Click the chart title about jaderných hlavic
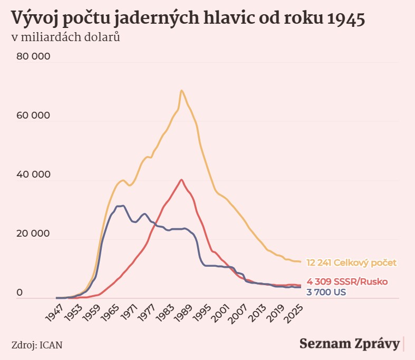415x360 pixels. click(x=188, y=18)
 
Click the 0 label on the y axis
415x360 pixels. click(x=20, y=293)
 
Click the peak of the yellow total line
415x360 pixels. click(x=181, y=91)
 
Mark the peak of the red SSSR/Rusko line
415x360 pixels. click(x=181, y=180)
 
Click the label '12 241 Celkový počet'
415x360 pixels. click(x=351, y=262)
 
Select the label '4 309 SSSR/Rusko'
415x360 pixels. click(x=347, y=282)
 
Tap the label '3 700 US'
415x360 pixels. click(x=326, y=291)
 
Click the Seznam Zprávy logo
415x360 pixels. click(x=349, y=344)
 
